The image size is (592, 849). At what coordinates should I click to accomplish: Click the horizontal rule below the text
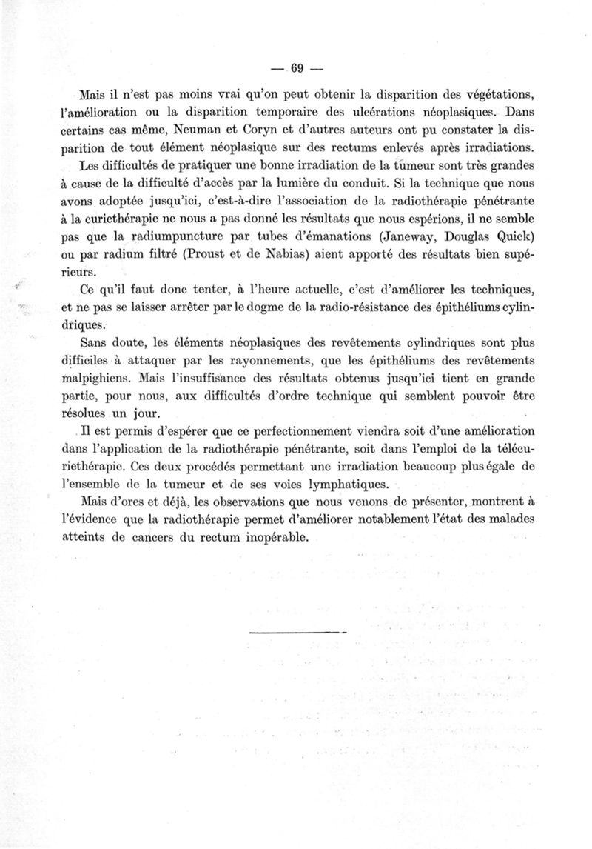click(x=297, y=632)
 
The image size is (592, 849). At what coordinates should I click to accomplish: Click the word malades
click(x=482, y=520)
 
